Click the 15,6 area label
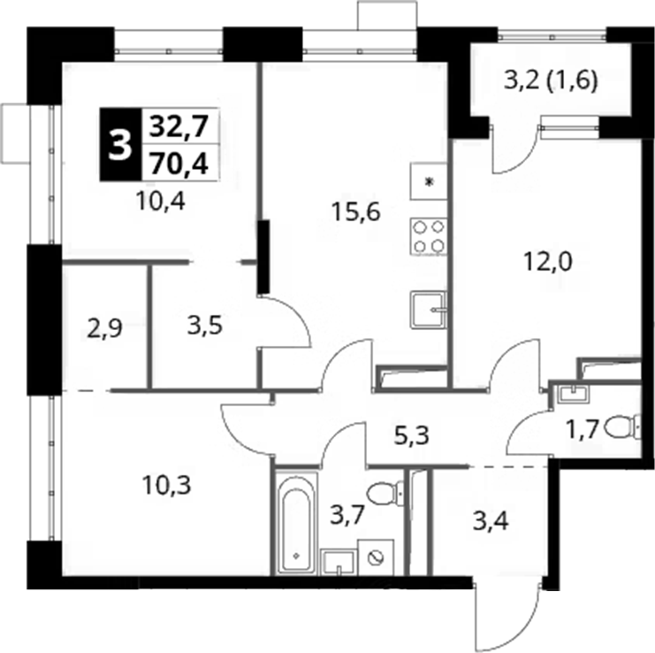point(355,212)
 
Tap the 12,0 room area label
point(548,262)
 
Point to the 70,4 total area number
point(179,164)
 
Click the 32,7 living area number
point(179,126)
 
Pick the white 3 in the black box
point(120,144)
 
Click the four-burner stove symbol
point(428,236)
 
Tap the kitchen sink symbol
point(429,310)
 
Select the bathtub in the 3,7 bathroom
point(296,524)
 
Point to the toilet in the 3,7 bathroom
point(386,494)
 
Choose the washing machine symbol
point(376,557)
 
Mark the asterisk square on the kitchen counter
point(429,181)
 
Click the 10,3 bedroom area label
point(166,485)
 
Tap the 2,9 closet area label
point(104,327)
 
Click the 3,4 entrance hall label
point(491,521)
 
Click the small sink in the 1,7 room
point(571,394)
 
